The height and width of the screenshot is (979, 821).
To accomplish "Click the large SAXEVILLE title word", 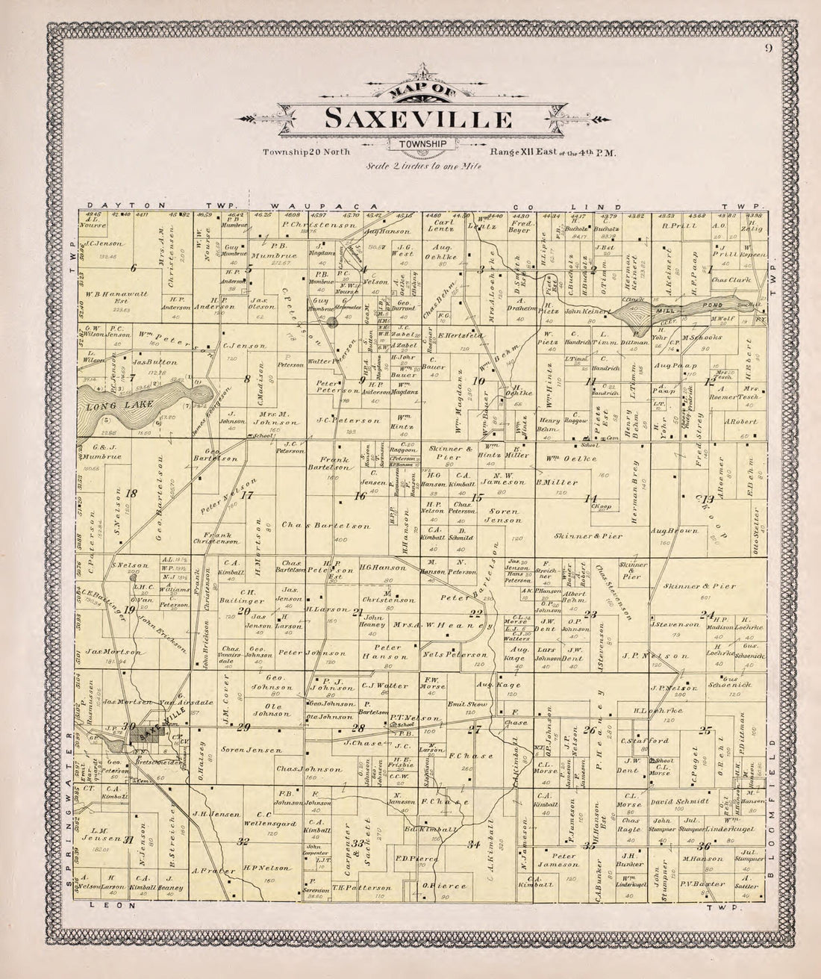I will [418, 119].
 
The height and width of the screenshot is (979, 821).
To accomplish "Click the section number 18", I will [132, 493].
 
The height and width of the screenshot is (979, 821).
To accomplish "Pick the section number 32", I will [243, 842].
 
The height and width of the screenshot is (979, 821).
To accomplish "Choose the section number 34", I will [473, 845].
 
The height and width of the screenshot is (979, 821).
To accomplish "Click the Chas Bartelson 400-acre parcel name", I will [316, 526].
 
